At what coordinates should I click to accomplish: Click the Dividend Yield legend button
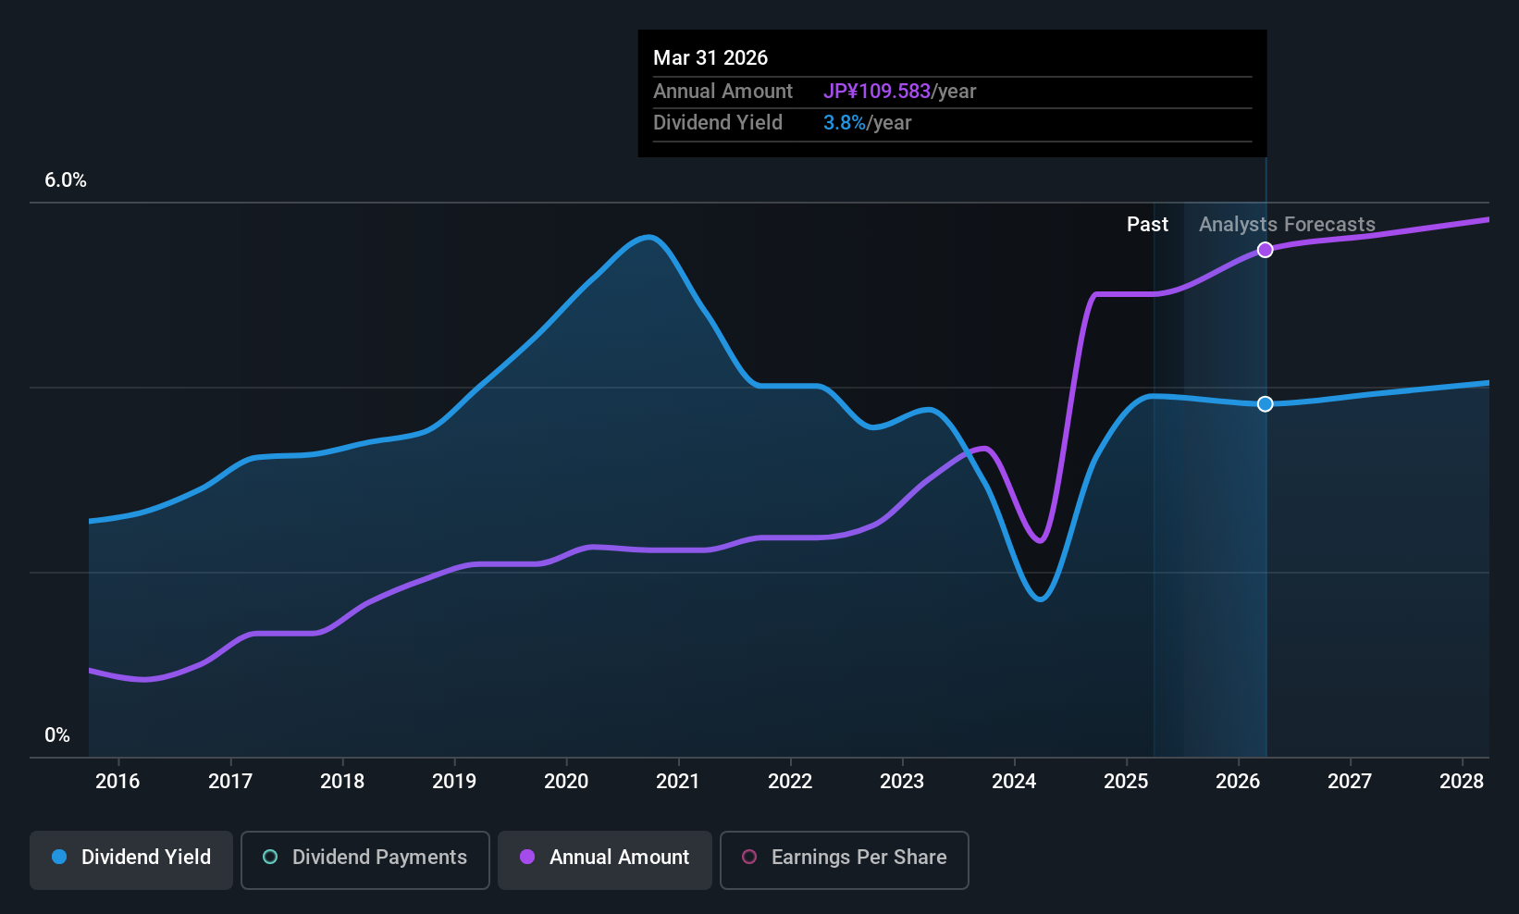coord(130,859)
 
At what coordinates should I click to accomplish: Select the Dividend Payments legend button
coord(364,859)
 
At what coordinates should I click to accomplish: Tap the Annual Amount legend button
coord(605,859)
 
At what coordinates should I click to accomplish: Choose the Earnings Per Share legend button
coord(845,859)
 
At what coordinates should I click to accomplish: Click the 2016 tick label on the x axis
coord(117,781)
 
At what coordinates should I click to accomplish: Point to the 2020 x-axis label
coord(566,781)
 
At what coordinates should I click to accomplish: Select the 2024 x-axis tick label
coord(1014,781)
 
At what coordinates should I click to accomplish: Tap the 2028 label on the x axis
coord(1462,781)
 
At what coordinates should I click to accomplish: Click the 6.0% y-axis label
coord(66,180)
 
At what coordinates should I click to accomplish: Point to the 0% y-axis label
coord(57,735)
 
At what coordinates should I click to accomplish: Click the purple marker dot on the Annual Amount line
coord(1265,250)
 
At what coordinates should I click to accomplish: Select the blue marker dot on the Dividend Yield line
coord(1265,404)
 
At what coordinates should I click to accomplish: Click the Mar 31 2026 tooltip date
coord(710,58)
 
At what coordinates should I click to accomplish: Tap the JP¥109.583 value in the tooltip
coord(877,92)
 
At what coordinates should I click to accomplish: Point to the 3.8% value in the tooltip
coord(845,123)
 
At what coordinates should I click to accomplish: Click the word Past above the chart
coord(1147,225)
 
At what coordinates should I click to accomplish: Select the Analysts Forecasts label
coord(1287,225)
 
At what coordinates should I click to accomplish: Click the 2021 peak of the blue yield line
coord(649,238)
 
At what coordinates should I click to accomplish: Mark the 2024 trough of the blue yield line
coord(1040,599)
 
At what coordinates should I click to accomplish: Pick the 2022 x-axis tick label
coord(790,781)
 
